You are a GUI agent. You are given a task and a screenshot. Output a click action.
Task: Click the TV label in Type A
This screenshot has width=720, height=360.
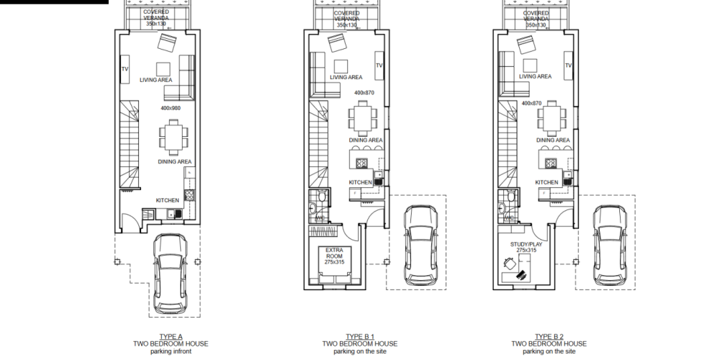(125, 69)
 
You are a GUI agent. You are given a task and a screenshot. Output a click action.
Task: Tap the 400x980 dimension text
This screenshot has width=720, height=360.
(171, 109)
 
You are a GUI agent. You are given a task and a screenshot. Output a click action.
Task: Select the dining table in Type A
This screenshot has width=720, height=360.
(174, 138)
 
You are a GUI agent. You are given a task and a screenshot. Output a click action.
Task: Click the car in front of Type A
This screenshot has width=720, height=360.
(171, 273)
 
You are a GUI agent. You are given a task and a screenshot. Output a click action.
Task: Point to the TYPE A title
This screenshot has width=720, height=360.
(171, 336)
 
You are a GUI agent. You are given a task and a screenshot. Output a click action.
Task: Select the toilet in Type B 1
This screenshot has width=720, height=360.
(323, 197)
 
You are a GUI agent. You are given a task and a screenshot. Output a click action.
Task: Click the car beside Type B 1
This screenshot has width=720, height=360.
(421, 245)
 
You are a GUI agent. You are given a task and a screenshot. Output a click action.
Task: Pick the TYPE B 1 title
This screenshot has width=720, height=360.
(360, 336)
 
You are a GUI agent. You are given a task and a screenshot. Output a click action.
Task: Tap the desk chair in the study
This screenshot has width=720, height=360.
(509, 264)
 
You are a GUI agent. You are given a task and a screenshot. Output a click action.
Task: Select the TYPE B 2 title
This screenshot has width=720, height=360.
(549, 336)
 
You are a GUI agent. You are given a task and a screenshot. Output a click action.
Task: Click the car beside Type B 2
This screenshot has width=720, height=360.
(611, 245)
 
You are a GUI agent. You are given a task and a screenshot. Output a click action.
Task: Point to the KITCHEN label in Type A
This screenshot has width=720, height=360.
(168, 201)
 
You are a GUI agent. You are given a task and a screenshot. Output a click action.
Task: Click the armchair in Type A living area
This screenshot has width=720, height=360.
(167, 42)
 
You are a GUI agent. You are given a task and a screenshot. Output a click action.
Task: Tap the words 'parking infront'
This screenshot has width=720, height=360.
(171, 351)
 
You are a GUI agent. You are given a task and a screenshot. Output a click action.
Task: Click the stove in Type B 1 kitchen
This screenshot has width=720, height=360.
(362, 163)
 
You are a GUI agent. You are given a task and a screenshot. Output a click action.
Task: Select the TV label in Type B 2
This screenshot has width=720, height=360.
(569, 66)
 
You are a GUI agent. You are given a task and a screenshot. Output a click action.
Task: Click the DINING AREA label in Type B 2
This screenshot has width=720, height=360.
(553, 140)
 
